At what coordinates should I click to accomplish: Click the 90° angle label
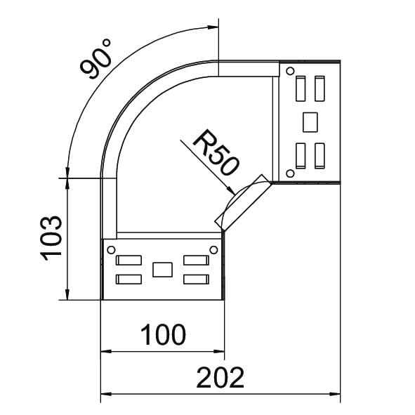(95, 59)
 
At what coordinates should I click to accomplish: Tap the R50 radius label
(216, 152)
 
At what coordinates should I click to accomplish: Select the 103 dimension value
(51, 238)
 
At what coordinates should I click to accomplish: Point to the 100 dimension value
(163, 334)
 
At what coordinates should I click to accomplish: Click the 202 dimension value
(220, 378)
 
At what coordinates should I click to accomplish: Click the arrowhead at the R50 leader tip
(230, 190)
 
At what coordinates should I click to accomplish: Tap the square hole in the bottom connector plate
(162, 270)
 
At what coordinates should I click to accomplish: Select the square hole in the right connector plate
(310, 122)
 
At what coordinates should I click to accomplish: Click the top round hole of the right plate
(290, 71)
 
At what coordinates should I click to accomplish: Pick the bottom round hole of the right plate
(290, 173)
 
